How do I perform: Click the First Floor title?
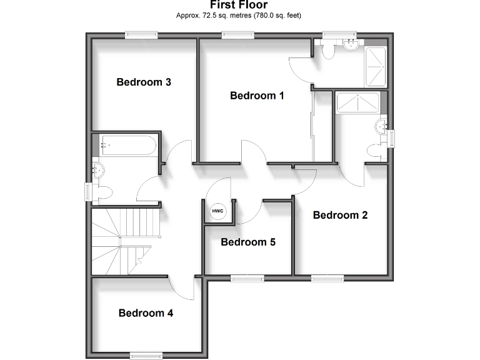(239, 6)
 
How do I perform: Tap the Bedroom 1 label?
(257, 96)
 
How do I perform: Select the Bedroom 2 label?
(340, 215)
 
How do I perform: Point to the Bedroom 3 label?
(144, 82)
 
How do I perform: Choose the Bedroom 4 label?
(146, 313)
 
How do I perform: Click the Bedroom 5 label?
(248, 242)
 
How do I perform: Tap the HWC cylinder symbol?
(217, 212)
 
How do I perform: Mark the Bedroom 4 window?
(146, 355)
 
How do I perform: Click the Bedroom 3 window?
(141, 35)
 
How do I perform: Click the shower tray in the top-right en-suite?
(376, 66)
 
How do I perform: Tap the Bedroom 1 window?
(232, 35)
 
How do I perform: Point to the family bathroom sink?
(97, 169)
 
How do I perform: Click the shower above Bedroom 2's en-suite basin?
(357, 102)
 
